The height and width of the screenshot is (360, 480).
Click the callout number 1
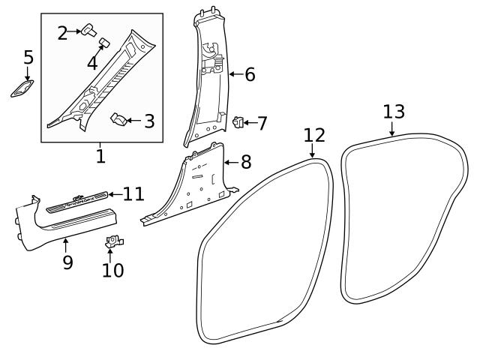coord(100,156)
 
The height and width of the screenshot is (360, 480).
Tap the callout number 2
coord(62,32)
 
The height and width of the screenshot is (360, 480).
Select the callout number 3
coord(148,120)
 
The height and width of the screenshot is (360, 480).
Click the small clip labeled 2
coord(90,28)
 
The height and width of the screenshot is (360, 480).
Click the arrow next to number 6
coord(234,73)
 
